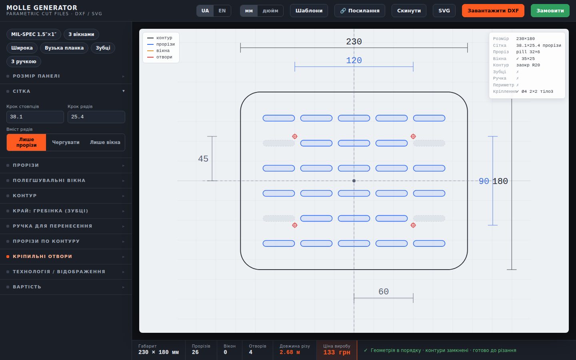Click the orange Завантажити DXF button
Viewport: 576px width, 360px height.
493,10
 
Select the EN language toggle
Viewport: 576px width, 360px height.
222,10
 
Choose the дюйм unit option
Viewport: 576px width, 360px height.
270,10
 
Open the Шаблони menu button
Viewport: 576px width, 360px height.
309,10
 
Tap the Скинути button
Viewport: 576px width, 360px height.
409,10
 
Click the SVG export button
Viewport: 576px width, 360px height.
444,10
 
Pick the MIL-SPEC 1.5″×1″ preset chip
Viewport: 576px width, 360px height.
34,34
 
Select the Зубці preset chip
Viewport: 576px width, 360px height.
103,48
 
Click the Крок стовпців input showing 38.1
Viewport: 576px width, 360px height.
35,117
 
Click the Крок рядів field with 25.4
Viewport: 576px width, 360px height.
96,117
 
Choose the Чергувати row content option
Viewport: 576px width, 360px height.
66,142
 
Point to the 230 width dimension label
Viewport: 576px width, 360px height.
354,42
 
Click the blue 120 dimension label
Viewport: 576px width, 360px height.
354,60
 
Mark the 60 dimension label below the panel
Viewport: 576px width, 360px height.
383,292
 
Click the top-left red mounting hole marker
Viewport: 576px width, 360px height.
295,136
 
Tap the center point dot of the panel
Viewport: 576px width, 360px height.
354,181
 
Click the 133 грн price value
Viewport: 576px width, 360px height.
337,352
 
